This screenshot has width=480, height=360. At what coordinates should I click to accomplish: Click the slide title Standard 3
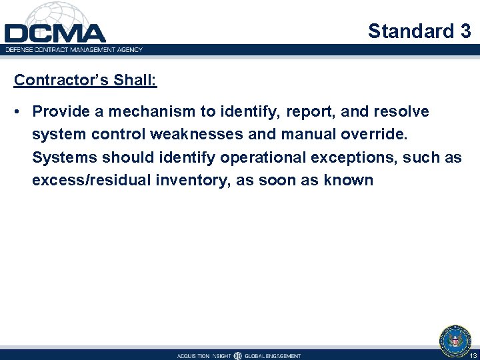[x=419, y=31]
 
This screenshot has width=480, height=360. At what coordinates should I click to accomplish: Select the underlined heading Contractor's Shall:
[x=85, y=80]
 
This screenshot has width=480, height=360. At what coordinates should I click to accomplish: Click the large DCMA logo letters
[x=55, y=33]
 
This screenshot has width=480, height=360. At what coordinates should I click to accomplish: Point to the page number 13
[x=473, y=355]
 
